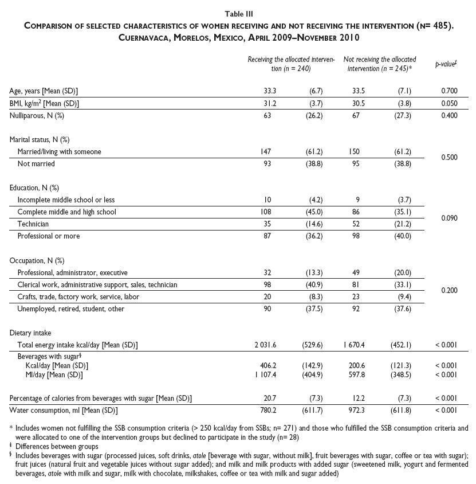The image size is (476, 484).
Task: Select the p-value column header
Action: [x=445, y=64]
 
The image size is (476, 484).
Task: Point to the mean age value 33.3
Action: [x=263, y=91]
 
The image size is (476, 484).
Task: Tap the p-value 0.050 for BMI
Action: [x=450, y=103]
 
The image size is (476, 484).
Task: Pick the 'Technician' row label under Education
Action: [x=33, y=224]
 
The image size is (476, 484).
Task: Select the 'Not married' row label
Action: [x=36, y=163]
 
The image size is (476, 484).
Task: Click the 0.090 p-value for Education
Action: [x=450, y=218]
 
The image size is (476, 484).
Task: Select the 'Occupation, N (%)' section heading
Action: [x=37, y=260]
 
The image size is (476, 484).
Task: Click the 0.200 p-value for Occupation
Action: [x=450, y=291]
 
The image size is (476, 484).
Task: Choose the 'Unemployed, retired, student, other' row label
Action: [x=71, y=309]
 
